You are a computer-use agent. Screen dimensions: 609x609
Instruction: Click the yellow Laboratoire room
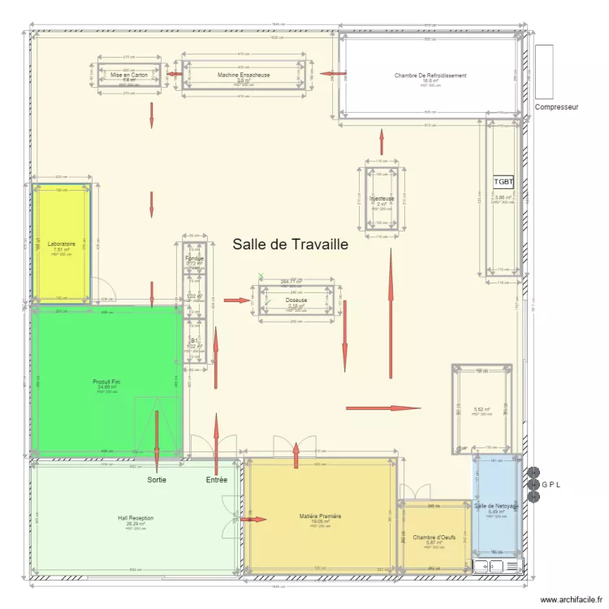pos(61,244)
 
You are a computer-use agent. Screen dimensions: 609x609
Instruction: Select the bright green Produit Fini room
pos(106,382)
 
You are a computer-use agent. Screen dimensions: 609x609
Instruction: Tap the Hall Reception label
pos(135,518)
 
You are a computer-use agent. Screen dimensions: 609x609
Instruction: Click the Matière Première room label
pos(320,516)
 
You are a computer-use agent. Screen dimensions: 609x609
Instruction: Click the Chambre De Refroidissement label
pos(430,76)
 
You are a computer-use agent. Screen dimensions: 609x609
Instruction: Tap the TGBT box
pos(503,183)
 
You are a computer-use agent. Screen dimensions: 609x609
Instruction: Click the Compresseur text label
pos(556,106)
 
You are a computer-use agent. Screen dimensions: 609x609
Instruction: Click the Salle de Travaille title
pos(290,244)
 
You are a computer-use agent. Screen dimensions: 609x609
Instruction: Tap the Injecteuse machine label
pos(382,198)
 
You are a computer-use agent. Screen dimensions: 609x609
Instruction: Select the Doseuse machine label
pos(296,300)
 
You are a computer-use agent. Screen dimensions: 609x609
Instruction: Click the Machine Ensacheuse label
pos(244,75)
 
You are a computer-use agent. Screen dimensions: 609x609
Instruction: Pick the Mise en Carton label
pos(129,75)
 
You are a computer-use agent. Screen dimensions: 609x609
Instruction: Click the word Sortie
pos(157,480)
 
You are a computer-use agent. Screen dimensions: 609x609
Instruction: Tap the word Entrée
pos(216,480)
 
